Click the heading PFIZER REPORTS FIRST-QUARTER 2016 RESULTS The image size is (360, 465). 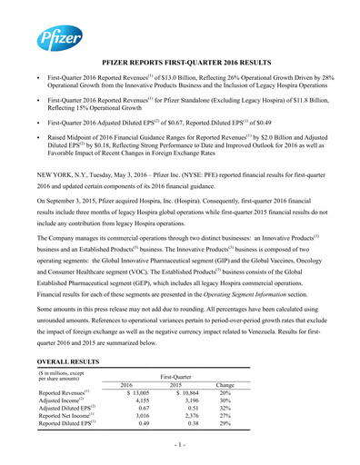click(x=180, y=81)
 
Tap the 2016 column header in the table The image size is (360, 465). click(x=133, y=385)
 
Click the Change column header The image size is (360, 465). click(x=224, y=385)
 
